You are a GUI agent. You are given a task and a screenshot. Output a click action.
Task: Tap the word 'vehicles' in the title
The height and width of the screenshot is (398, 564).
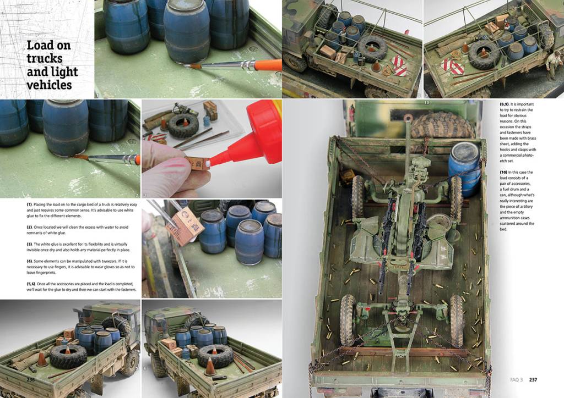click(49, 85)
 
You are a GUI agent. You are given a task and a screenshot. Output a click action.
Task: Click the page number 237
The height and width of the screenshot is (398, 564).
click(533, 379)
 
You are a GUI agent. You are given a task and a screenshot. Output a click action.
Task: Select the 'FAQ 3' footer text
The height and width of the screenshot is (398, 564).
click(517, 379)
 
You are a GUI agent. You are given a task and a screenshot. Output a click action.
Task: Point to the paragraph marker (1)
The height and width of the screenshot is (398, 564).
click(29, 204)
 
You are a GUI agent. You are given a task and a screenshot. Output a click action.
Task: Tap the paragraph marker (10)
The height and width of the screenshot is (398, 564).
click(503, 172)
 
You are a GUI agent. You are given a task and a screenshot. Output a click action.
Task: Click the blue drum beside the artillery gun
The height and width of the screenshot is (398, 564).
click(464, 169)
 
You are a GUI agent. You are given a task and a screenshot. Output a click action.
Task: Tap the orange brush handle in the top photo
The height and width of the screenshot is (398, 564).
click(268, 65)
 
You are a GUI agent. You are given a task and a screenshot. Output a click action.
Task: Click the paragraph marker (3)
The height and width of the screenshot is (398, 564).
click(29, 244)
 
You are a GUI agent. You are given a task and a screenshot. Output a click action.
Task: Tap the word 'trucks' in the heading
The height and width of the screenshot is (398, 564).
click(45, 58)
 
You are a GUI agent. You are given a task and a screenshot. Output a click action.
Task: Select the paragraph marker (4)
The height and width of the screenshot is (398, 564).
click(29, 261)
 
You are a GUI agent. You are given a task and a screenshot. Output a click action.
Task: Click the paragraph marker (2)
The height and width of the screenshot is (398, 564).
click(29, 227)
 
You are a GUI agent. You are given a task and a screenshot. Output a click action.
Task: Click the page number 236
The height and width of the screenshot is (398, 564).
click(31, 379)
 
